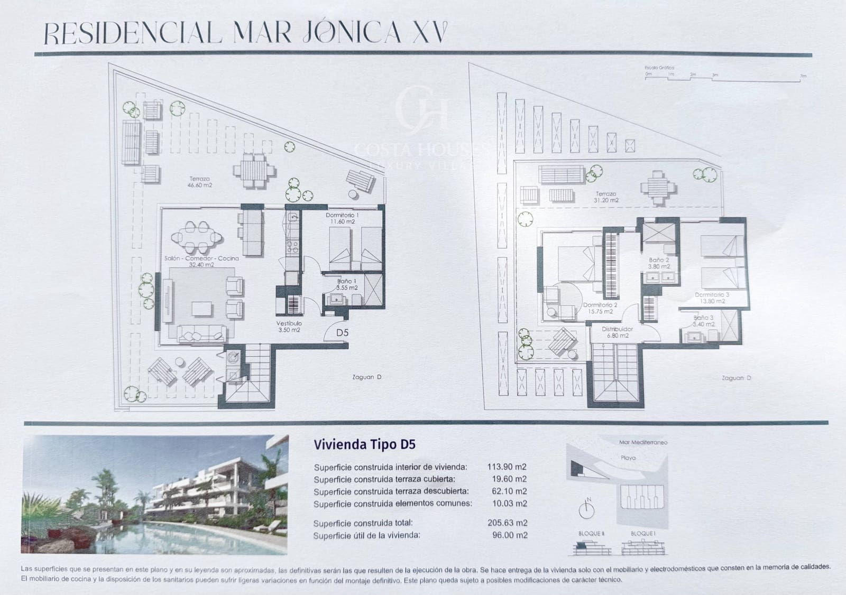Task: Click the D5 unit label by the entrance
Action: [343, 333]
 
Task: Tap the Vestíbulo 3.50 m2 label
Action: [289, 327]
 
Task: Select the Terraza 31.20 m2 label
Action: [606, 197]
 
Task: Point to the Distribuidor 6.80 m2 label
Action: [617, 332]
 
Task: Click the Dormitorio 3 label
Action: [712, 297]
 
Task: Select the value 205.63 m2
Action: [507, 523]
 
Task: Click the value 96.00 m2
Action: [509, 535]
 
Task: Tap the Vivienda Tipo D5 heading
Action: [364, 444]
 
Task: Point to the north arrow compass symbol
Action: [586, 508]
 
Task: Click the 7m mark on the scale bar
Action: [803, 76]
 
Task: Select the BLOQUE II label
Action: [591, 534]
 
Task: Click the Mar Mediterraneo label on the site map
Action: [643, 442]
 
